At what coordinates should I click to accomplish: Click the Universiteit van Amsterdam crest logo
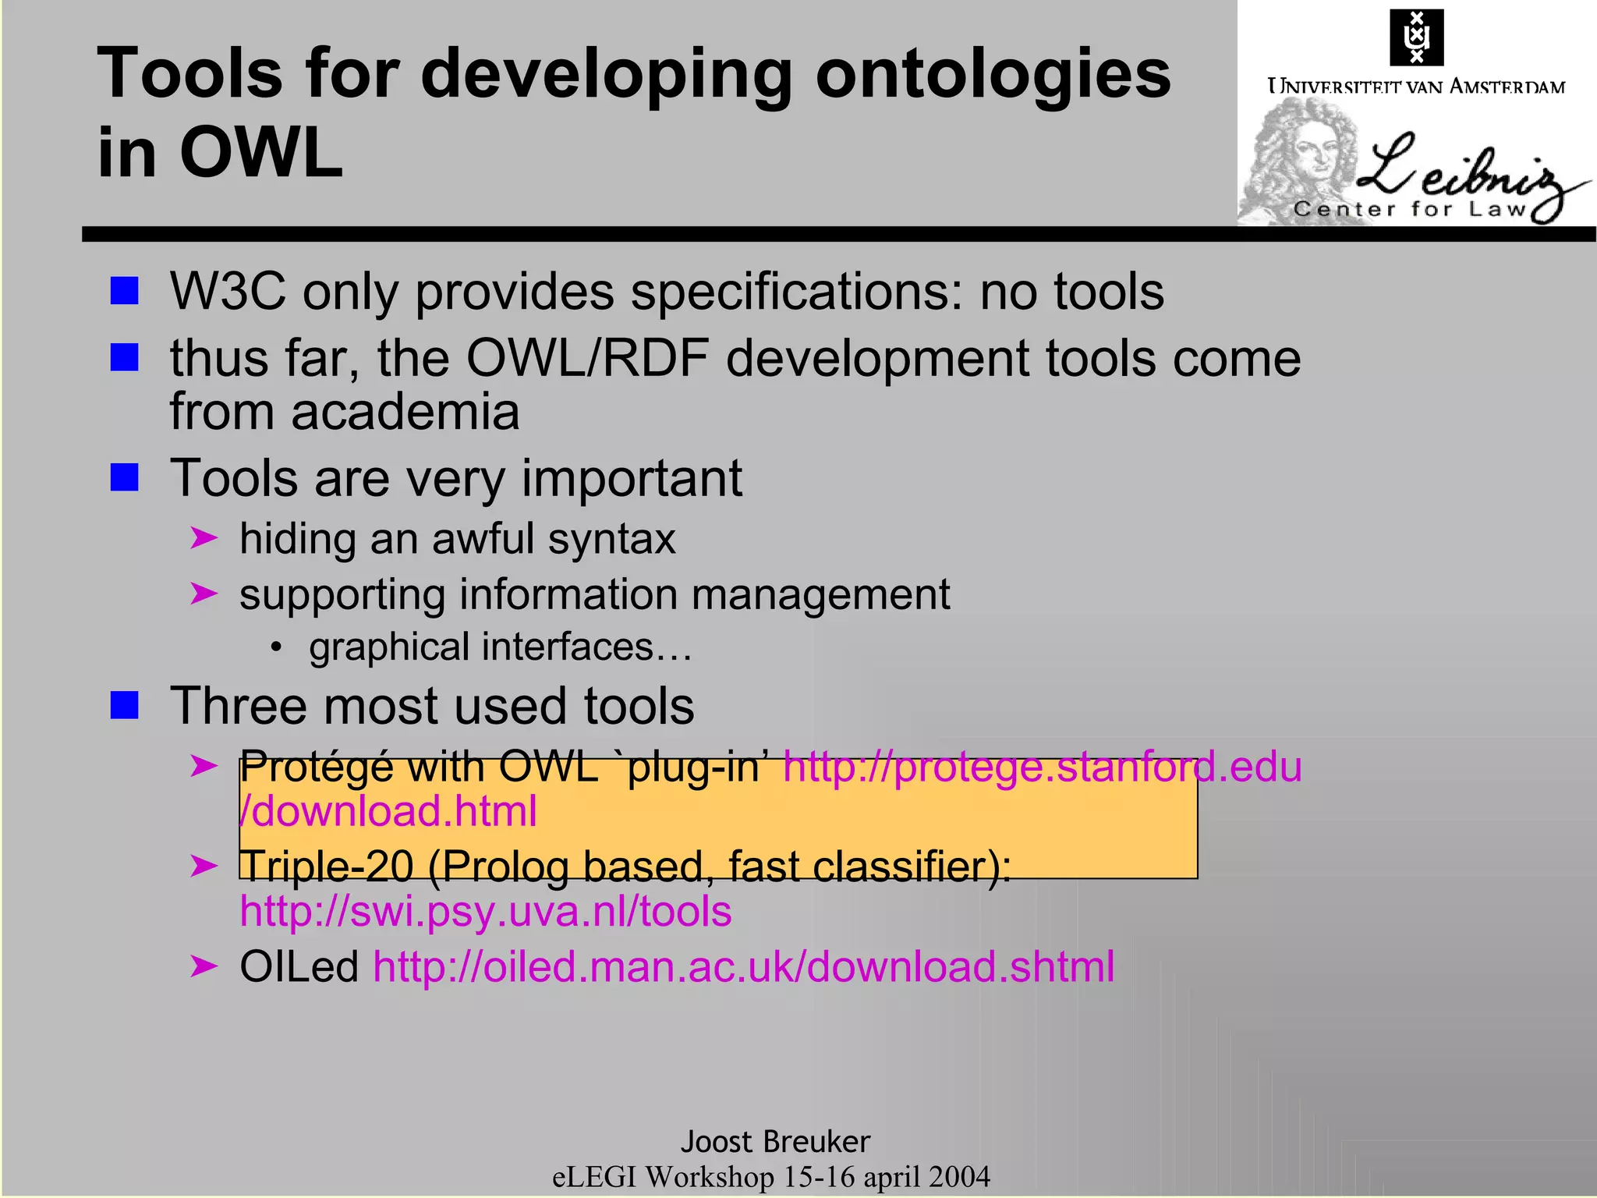click(x=1416, y=37)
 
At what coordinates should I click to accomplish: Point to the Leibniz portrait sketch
click(x=1301, y=160)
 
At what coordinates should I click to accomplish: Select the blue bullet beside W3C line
click(x=125, y=291)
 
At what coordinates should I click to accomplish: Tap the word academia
click(x=405, y=412)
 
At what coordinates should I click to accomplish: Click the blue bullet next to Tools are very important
click(x=125, y=477)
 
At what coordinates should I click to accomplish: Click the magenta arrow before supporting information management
click(x=204, y=594)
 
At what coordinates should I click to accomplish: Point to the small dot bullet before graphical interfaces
click(x=275, y=647)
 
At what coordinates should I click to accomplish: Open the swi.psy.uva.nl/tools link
click(x=486, y=912)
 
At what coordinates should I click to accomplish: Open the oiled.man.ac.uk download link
click(x=743, y=967)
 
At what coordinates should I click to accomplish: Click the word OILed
click(x=299, y=967)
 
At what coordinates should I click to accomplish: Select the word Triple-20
click(x=326, y=867)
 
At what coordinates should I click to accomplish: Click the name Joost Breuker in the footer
click(x=775, y=1142)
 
